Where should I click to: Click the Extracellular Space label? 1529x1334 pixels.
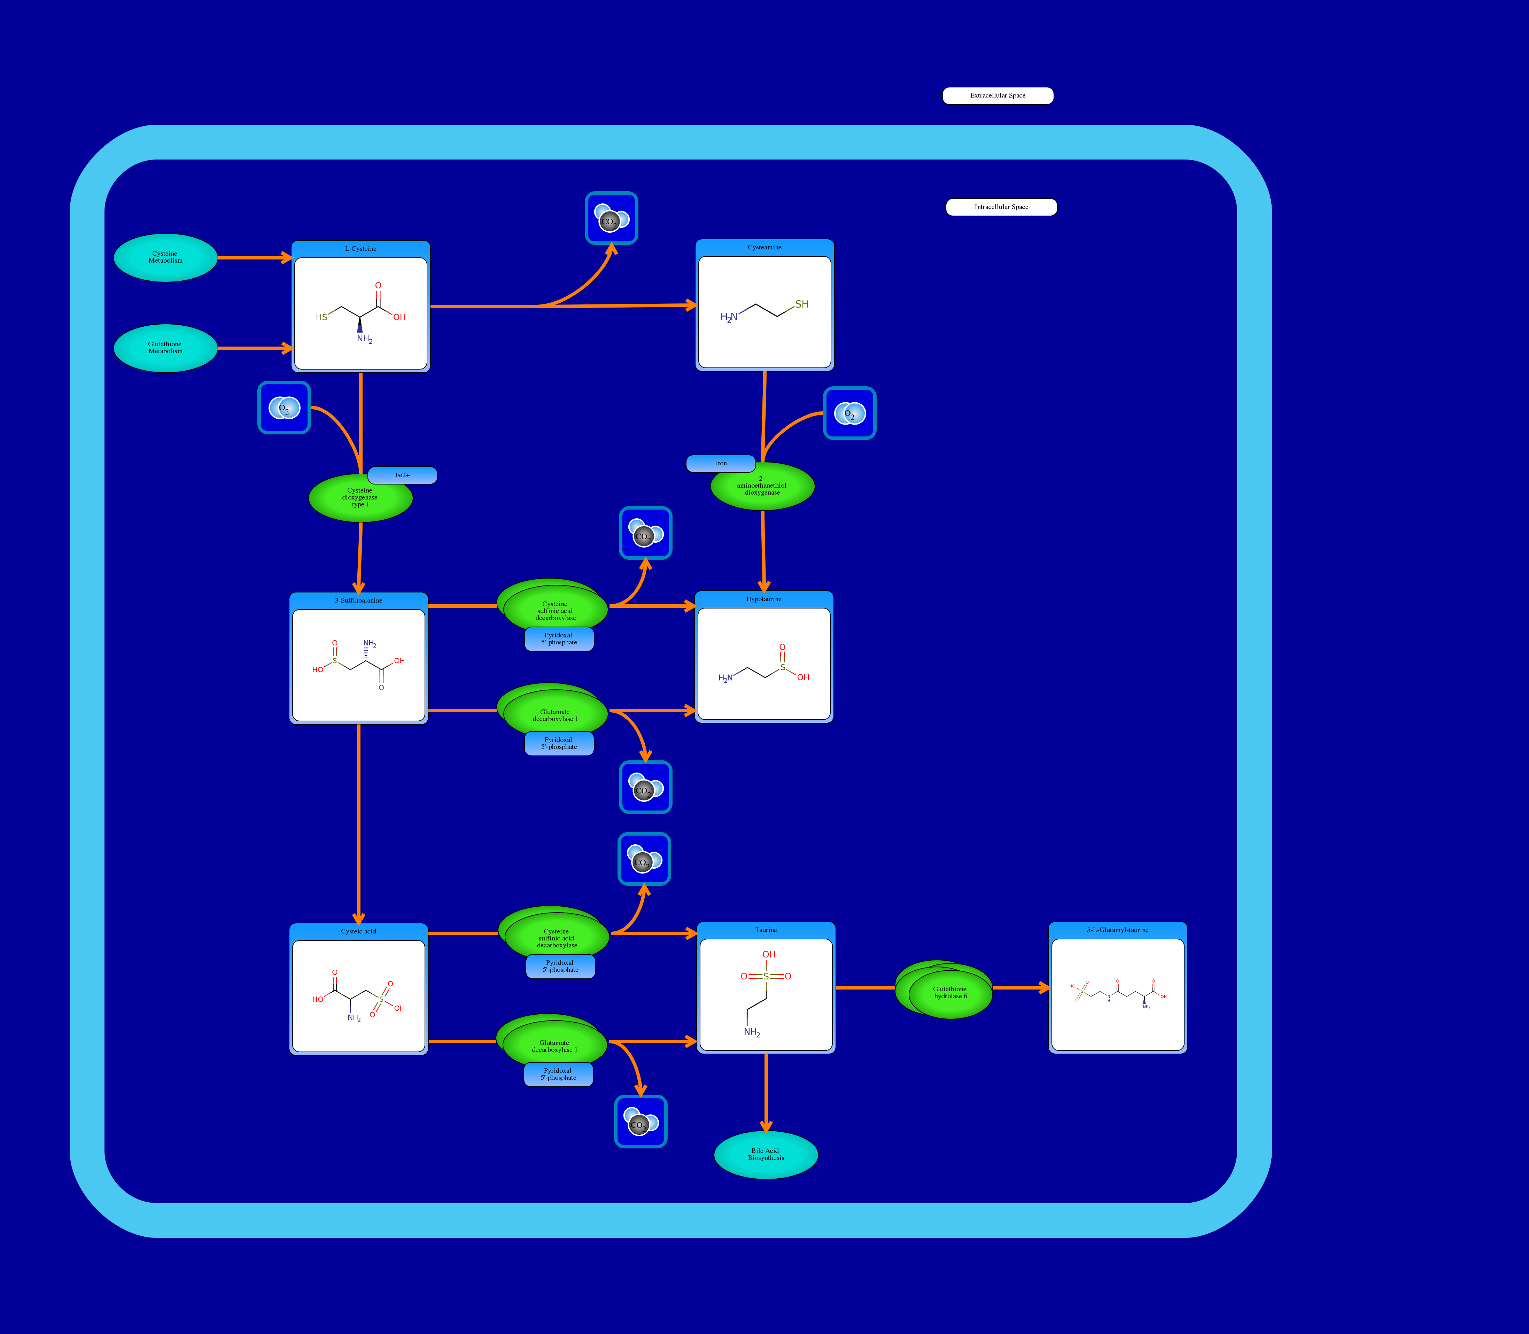coord(998,95)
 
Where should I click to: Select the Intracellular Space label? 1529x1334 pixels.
coord(1001,207)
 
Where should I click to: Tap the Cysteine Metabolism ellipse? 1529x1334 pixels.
coord(165,257)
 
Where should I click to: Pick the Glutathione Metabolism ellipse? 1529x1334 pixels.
coord(165,348)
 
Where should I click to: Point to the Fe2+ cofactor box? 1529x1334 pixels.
coord(402,475)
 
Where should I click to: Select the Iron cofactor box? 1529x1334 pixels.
coord(721,463)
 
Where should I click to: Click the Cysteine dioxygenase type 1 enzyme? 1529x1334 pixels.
coord(360,497)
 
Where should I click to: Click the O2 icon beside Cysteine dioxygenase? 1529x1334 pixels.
coord(284,407)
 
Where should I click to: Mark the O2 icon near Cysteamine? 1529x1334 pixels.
coord(849,413)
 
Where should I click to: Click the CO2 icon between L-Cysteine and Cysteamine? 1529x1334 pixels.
coord(611,218)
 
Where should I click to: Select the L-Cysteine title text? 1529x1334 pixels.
coord(360,249)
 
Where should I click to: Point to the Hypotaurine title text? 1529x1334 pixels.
coord(764,599)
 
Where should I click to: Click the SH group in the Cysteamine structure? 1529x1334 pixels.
coord(802,304)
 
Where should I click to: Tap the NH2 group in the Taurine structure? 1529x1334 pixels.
coord(752,1032)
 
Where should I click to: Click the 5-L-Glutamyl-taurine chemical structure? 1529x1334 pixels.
coord(1117,994)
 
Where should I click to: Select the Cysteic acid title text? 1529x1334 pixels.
coord(358,931)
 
